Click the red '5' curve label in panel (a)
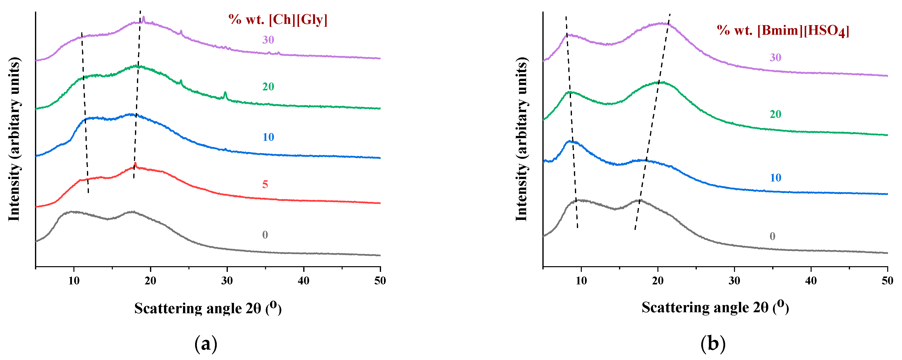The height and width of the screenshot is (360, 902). tap(265, 184)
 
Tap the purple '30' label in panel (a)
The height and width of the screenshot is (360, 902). tap(268, 40)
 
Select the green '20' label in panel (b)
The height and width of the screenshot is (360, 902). tap(775, 114)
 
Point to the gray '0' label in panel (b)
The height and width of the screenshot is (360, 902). tap(772, 236)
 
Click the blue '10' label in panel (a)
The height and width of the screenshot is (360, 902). tap(268, 137)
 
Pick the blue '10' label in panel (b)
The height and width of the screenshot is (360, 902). tap(775, 178)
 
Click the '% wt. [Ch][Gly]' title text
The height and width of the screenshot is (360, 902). tap(278, 20)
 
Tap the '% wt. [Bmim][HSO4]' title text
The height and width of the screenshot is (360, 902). tap(783, 31)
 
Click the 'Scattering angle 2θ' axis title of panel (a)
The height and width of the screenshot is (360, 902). tap(208, 308)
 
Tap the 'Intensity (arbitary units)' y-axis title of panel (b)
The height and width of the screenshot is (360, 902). tap(521, 139)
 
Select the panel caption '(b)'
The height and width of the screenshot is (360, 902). tap(713, 344)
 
